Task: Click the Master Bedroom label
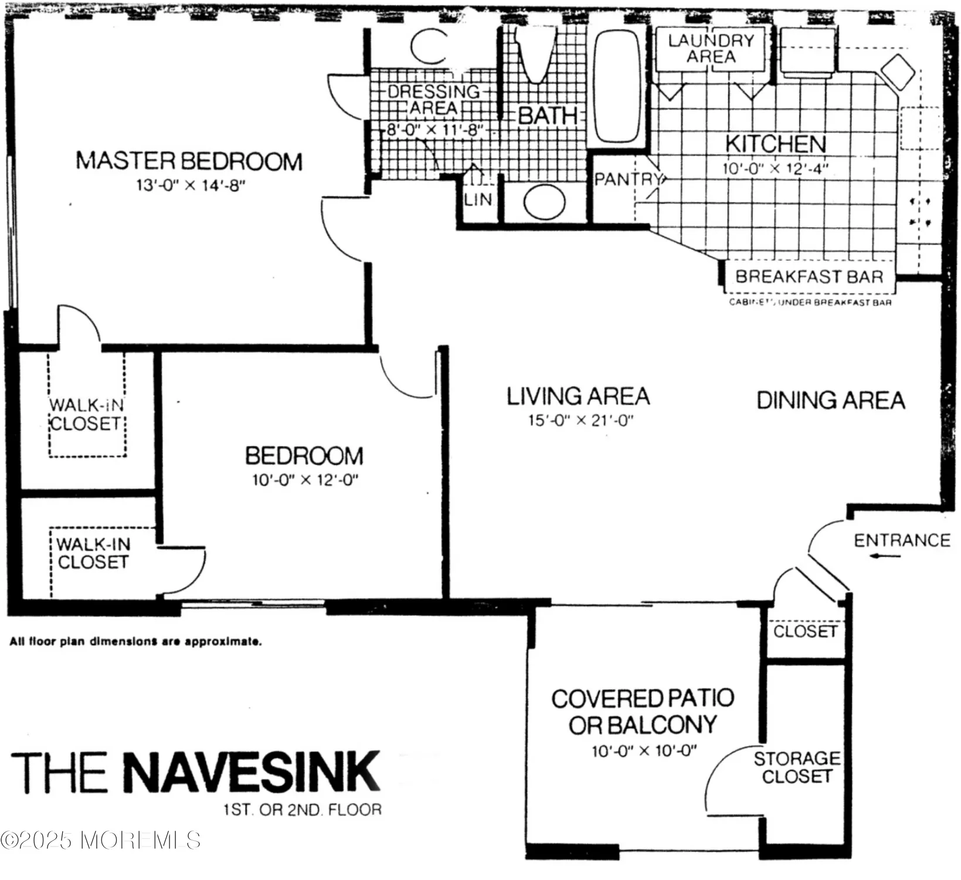[x=189, y=161]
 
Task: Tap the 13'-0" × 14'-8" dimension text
[x=190, y=185]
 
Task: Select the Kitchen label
[x=775, y=144]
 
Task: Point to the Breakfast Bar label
[x=809, y=276]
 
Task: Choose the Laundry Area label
[x=711, y=48]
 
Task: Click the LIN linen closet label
[x=478, y=199]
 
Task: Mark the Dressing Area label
[x=434, y=100]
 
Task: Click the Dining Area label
[x=831, y=400]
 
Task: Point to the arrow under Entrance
[x=885, y=556]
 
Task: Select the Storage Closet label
[x=797, y=767]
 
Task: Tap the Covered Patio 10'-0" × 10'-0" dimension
[x=644, y=750]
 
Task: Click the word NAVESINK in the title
[x=252, y=772]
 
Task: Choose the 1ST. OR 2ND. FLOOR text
[x=302, y=810]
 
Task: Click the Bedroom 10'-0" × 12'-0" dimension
[x=305, y=480]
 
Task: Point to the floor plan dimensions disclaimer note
[x=135, y=642]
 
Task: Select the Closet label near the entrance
[x=805, y=631]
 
